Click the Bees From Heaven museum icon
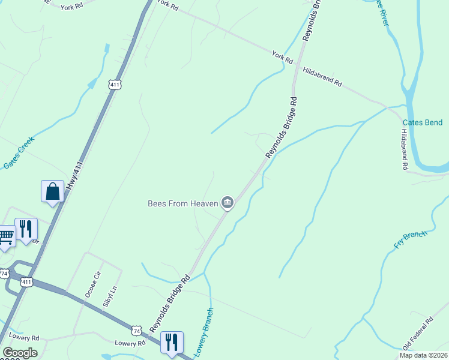(228, 204)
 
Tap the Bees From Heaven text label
(182, 204)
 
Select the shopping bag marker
(52, 192)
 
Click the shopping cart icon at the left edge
(5, 236)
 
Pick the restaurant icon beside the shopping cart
(26, 230)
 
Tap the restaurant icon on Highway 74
(172, 343)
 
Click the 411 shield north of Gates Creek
(115, 85)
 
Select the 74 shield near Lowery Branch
(137, 331)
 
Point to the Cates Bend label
(422, 123)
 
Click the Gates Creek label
(19, 154)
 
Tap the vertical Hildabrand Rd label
(405, 150)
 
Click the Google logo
(19, 353)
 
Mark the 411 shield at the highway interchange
(26, 281)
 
